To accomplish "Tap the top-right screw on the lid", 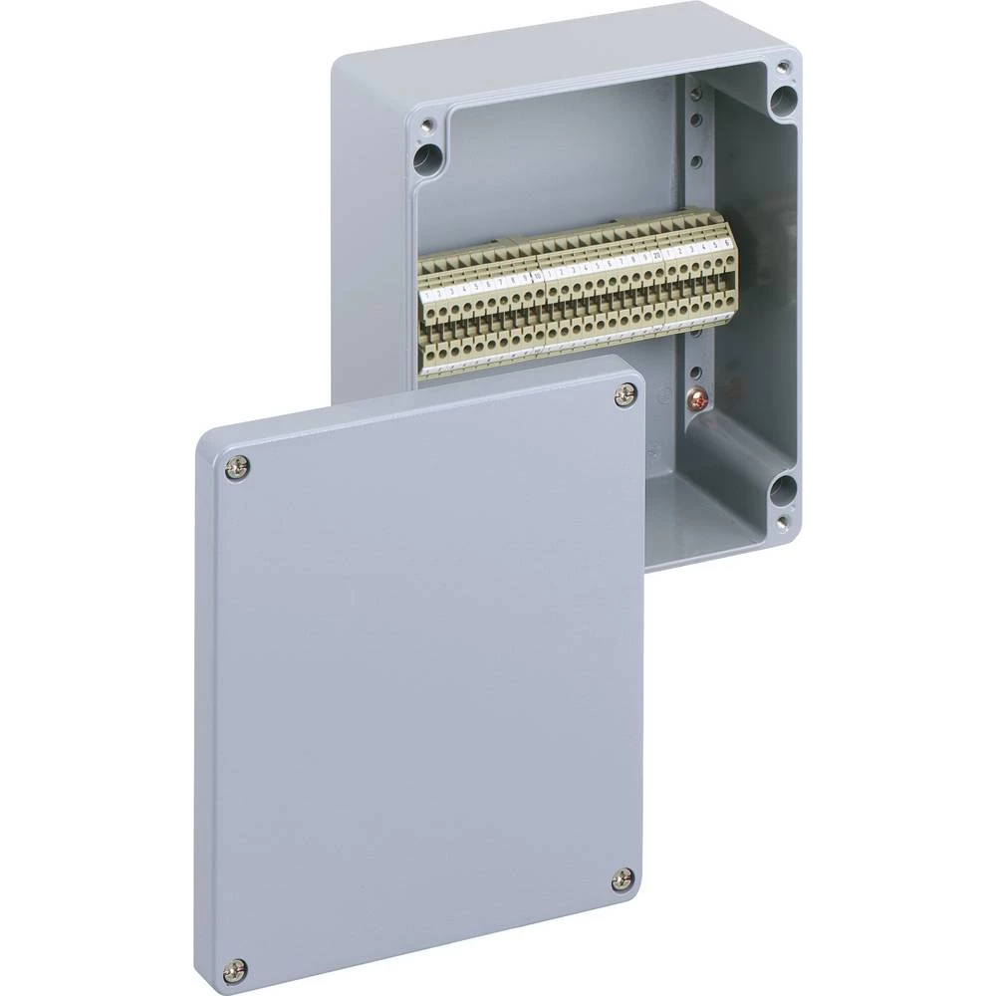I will click(x=624, y=395).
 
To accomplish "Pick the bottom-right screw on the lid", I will click(x=622, y=879).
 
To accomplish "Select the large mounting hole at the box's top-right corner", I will click(x=786, y=98).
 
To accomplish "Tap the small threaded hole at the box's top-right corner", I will click(x=783, y=68).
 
